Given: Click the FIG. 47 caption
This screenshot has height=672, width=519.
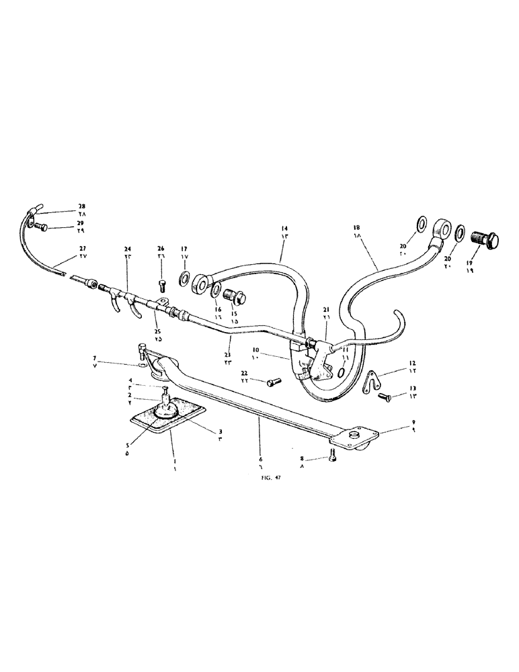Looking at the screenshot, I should pos(271,478).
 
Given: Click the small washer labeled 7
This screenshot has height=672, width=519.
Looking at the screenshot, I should pos(140,366).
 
